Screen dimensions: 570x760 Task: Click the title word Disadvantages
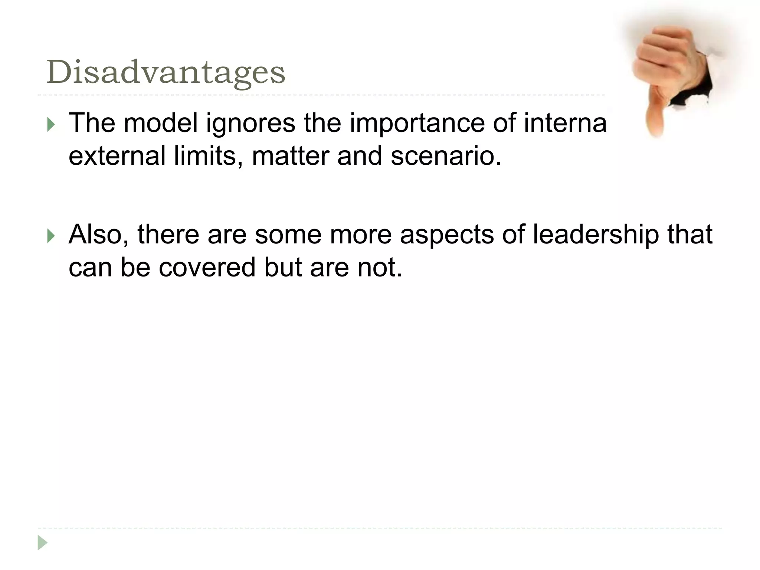[x=166, y=73]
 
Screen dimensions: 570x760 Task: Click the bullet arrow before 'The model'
[x=51, y=125]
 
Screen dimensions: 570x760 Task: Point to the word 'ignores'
[x=250, y=123]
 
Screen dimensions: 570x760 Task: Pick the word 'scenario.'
[x=446, y=156]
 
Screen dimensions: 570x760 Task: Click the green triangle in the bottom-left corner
[x=42, y=543]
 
